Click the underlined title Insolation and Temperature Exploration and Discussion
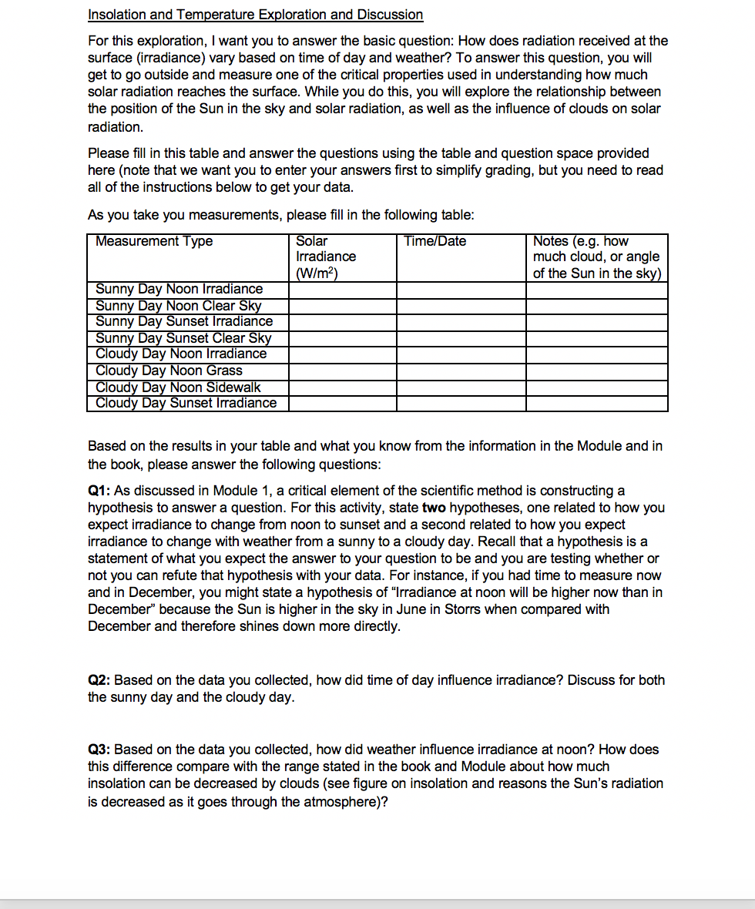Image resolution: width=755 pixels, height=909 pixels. pyautogui.click(x=255, y=15)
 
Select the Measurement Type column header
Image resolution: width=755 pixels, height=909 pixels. pyautogui.click(x=154, y=242)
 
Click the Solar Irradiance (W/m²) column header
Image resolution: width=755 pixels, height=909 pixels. pyautogui.click(x=326, y=257)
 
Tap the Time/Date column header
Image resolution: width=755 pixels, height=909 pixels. pyautogui.click(x=435, y=242)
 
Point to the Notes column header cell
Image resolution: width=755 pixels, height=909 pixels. pyautogui.click(x=596, y=257)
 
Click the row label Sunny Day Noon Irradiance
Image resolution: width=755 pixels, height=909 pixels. pyautogui.click(x=179, y=290)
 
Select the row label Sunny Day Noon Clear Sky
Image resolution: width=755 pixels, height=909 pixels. pyautogui.click(x=178, y=306)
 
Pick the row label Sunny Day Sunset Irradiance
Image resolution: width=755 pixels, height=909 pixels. pyautogui.click(x=184, y=321)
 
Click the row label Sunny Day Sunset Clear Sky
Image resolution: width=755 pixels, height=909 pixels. pyautogui.click(x=183, y=338)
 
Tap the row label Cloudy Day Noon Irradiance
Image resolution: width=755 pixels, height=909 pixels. pyautogui.click(x=181, y=354)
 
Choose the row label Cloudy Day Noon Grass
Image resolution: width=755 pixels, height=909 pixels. pyautogui.click(x=169, y=371)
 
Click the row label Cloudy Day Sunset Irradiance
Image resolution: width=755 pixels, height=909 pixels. pyautogui.click(x=186, y=403)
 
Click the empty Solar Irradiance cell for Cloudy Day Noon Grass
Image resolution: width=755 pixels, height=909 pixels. pyautogui.click(x=343, y=371)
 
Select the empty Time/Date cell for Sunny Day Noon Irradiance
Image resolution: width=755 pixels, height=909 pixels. pyautogui.click(x=461, y=290)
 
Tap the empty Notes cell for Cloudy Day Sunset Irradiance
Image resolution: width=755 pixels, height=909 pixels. pyautogui.click(x=597, y=403)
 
